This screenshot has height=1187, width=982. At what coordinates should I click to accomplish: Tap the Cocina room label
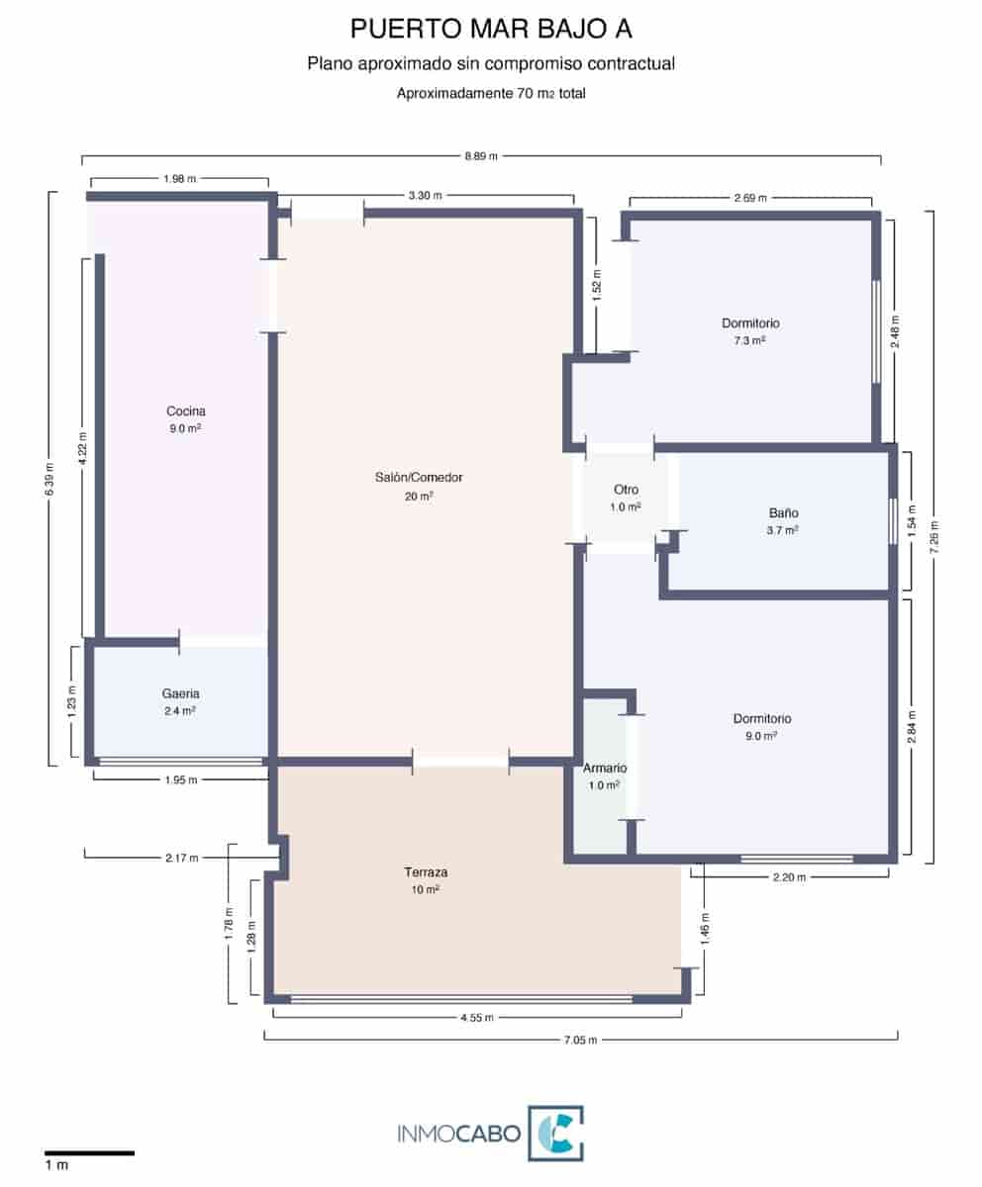(185, 411)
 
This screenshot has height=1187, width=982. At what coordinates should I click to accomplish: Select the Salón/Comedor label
(419, 477)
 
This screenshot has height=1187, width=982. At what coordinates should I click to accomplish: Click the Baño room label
(783, 513)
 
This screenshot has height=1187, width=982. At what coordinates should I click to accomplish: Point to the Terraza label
(426, 872)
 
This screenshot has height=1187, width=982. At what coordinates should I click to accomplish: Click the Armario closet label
(605, 768)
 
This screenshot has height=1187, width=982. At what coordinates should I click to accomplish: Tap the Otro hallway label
(626, 490)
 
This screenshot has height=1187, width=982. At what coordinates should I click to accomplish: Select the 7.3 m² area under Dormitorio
(750, 340)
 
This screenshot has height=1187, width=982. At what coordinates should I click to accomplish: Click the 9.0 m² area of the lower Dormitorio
(762, 736)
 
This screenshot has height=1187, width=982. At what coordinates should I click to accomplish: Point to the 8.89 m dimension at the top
(481, 156)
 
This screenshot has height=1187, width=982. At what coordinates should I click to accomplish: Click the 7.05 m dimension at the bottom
(580, 1039)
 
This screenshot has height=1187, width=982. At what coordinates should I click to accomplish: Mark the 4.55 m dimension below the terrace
(476, 1017)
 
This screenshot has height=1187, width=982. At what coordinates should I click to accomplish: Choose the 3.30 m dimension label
(425, 196)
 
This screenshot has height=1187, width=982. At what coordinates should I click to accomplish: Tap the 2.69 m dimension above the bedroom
(750, 198)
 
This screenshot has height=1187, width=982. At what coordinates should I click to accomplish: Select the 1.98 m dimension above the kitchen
(179, 179)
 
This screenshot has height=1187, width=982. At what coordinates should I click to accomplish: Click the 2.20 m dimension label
(789, 876)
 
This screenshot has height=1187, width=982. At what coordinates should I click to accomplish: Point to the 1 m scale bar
(89, 1152)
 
